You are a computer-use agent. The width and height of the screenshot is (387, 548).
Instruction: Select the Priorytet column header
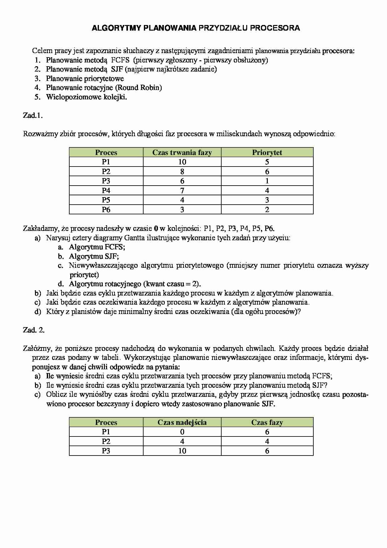(x=267, y=152)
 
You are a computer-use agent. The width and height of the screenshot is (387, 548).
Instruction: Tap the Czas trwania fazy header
(x=182, y=152)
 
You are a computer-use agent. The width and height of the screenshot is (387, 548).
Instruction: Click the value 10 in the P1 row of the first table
(x=182, y=162)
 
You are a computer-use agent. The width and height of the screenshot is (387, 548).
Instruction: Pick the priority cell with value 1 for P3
(x=267, y=181)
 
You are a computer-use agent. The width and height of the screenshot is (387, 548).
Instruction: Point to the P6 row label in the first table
(x=106, y=210)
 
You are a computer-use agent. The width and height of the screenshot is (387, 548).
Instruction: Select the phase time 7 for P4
(x=182, y=191)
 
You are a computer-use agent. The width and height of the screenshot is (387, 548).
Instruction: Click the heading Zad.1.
(x=33, y=116)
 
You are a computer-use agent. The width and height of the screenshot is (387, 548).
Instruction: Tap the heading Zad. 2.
(x=34, y=330)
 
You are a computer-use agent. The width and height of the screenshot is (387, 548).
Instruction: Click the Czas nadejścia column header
(x=182, y=422)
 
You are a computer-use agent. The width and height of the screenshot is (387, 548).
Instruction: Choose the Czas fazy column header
(x=267, y=422)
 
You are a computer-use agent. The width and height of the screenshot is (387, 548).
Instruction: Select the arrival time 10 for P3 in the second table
(x=182, y=451)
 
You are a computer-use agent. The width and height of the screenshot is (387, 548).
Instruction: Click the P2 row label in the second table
(x=106, y=441)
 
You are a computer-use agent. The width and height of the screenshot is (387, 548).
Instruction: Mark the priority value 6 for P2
(x=267, y=172)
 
